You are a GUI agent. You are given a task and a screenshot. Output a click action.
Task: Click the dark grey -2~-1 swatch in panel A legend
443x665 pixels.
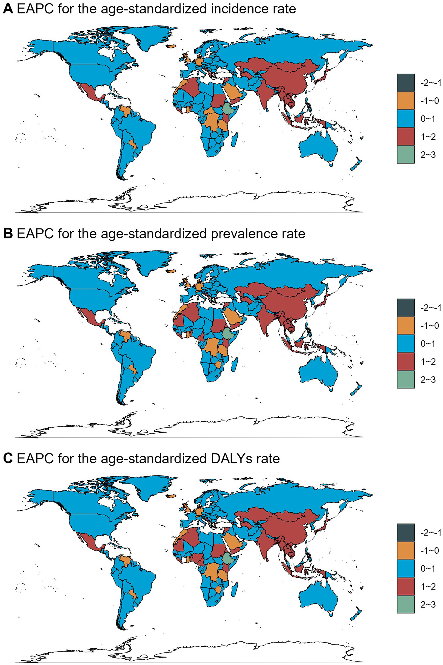point(406,82)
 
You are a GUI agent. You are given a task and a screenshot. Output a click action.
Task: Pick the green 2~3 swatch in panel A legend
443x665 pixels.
point(406,155)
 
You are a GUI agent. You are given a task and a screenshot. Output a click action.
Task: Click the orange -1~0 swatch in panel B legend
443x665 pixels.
point(406,325)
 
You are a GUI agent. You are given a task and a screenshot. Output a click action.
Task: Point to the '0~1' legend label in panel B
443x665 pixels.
point(428,343)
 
